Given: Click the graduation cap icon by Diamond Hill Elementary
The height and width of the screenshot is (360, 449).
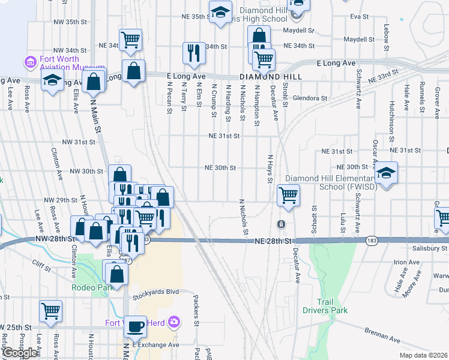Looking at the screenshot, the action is click(386, 173).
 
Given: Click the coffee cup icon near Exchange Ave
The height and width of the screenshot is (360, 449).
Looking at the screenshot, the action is click(135, 326).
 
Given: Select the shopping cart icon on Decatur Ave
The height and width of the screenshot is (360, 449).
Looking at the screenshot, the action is click(289, 195).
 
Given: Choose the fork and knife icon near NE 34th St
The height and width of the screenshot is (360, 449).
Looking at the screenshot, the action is click(193, 53).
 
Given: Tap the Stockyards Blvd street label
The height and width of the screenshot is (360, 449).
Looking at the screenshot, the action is click(156, 292).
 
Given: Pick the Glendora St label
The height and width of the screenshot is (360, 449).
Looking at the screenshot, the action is click(310, 98).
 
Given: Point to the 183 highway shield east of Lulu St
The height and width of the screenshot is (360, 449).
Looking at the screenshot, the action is click(372, 240).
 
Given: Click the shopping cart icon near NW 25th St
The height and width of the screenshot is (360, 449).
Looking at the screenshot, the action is click(50, 311).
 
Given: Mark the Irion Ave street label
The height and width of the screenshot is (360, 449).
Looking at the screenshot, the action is click(406, 262).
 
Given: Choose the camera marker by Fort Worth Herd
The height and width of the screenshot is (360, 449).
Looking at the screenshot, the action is click(174, 322).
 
